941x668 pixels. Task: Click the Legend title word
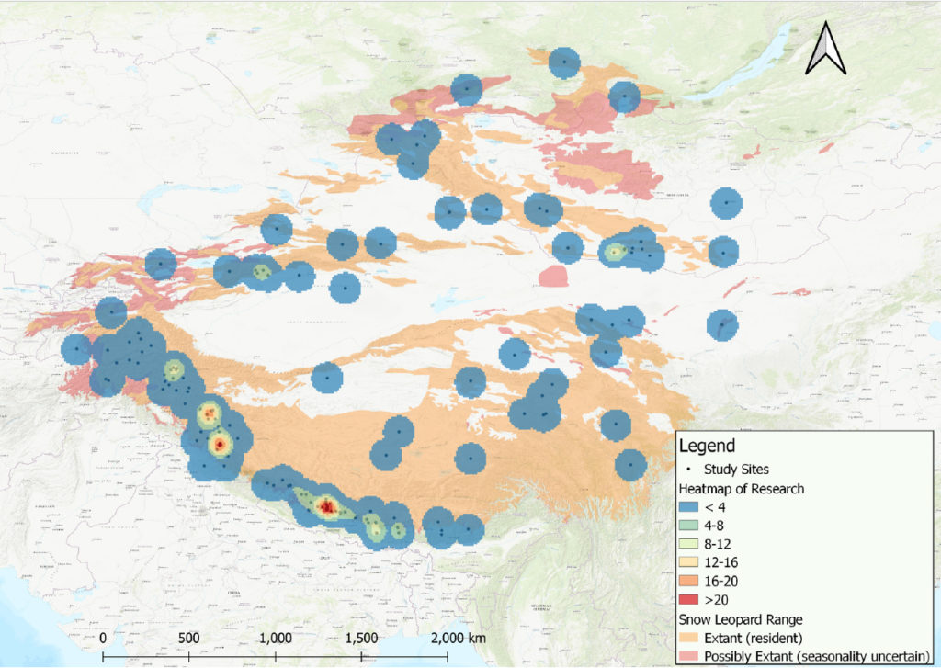[x=707, y=447]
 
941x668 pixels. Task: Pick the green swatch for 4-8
[x=691, y=526]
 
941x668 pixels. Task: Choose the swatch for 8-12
[x=691, y=544]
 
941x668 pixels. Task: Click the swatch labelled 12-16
[x=691, y=562]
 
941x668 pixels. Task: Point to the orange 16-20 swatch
[x=691, y=581]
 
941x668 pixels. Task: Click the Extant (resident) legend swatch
[x=691, y=636]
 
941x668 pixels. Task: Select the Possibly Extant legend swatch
[x=691, y=655]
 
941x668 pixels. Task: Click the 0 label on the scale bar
[x=103, y=639]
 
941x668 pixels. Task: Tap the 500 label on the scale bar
[x=188, y=639]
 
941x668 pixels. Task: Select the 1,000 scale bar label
[x=275, y=639]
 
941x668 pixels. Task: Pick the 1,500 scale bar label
[x=361, y=639]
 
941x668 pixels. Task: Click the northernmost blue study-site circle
[x=563, y=63]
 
